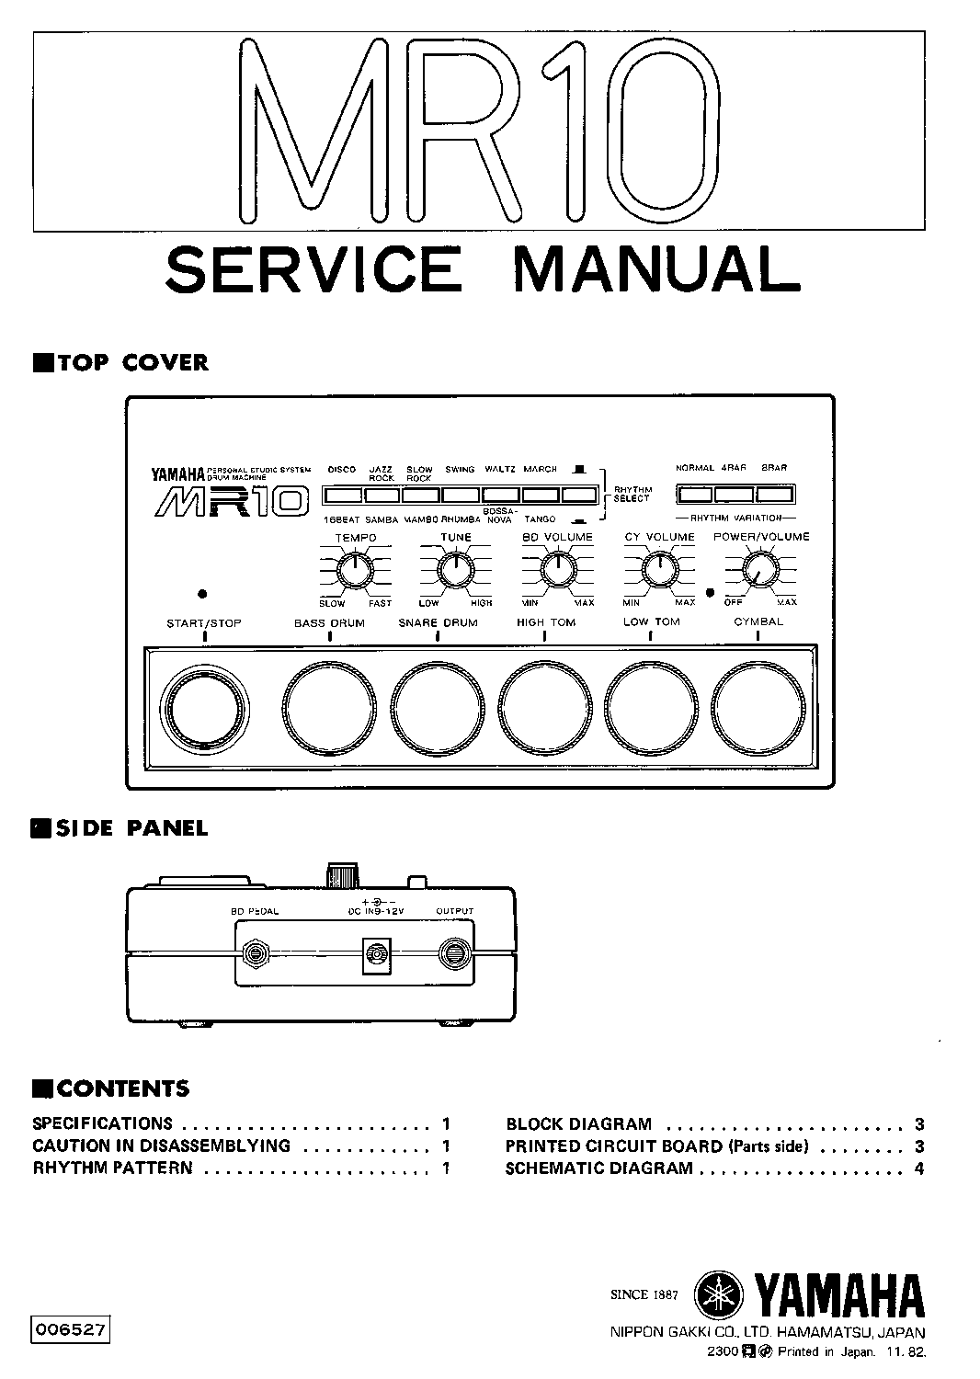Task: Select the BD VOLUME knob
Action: click(556, 571)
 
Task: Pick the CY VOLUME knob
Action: click(658, 571)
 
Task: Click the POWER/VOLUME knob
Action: click(759, 571)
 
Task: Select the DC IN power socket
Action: click(376, 957)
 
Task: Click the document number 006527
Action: click(70, 1328)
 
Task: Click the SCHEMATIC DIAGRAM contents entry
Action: click(598, 1168)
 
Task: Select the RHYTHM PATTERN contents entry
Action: click(113, 1168)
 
